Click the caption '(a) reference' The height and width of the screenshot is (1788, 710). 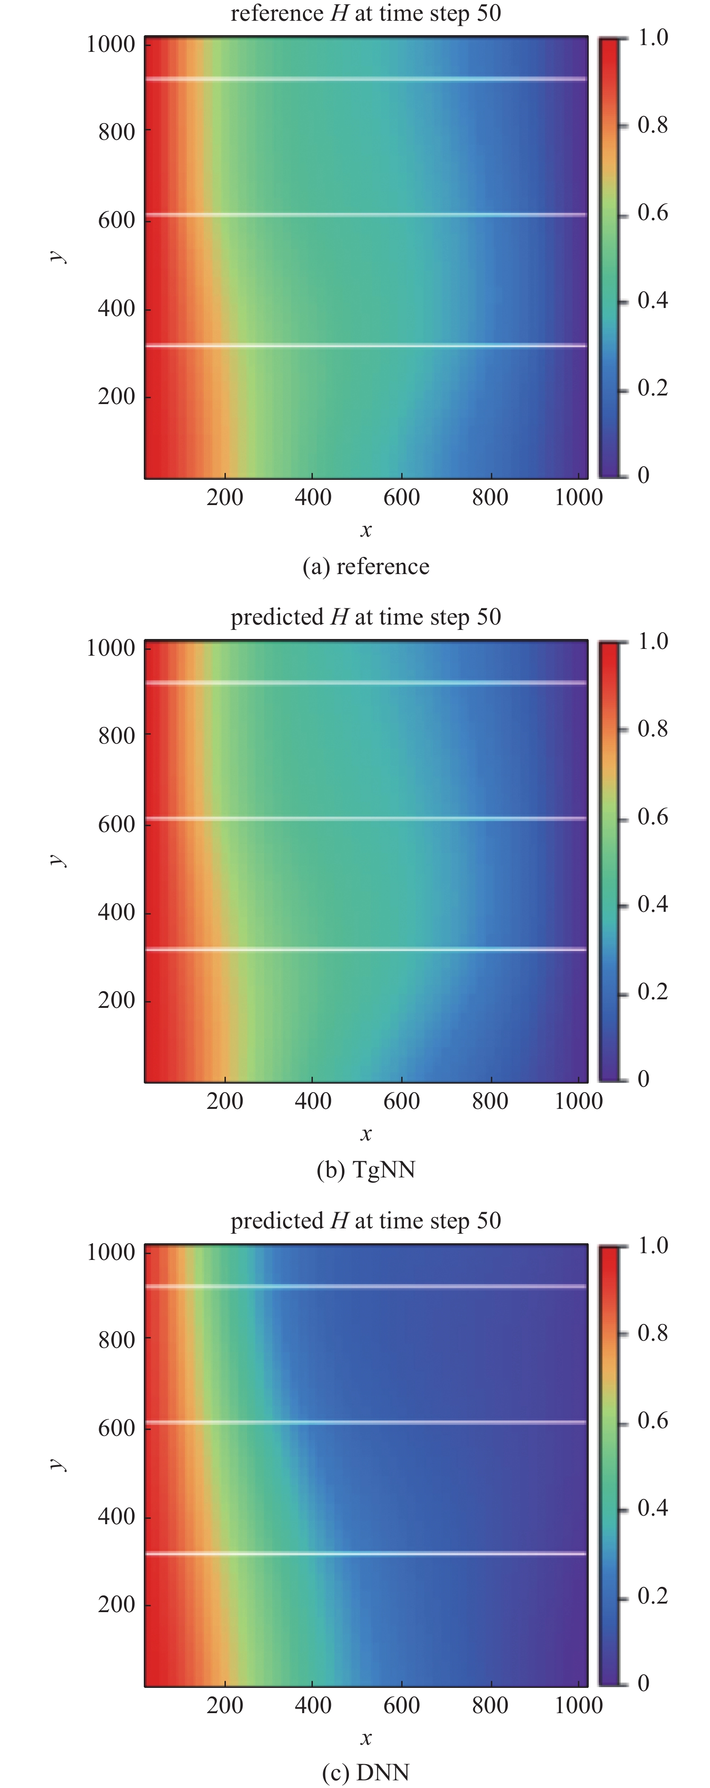(366, 566)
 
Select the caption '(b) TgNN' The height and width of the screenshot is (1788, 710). (366, 1170)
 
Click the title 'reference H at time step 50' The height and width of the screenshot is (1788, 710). (366, 13)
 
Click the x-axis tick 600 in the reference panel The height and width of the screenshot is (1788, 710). (401, 497)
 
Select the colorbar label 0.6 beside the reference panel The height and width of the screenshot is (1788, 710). (652, 212)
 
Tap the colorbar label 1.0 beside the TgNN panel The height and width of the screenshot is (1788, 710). (652, 641)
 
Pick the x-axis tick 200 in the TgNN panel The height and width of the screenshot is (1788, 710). (224, 1101)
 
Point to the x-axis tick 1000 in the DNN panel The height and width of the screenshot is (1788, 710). (578, 1705)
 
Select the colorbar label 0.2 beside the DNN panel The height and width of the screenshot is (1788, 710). (652, 1596)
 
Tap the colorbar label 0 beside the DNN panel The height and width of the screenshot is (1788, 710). (643, 1683)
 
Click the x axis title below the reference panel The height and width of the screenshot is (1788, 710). (366, 530)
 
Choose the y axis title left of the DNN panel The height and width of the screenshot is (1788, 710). (58, 1464)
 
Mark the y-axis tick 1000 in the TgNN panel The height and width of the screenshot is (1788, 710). (110, 648)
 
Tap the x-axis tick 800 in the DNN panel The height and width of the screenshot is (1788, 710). (490, 1705)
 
